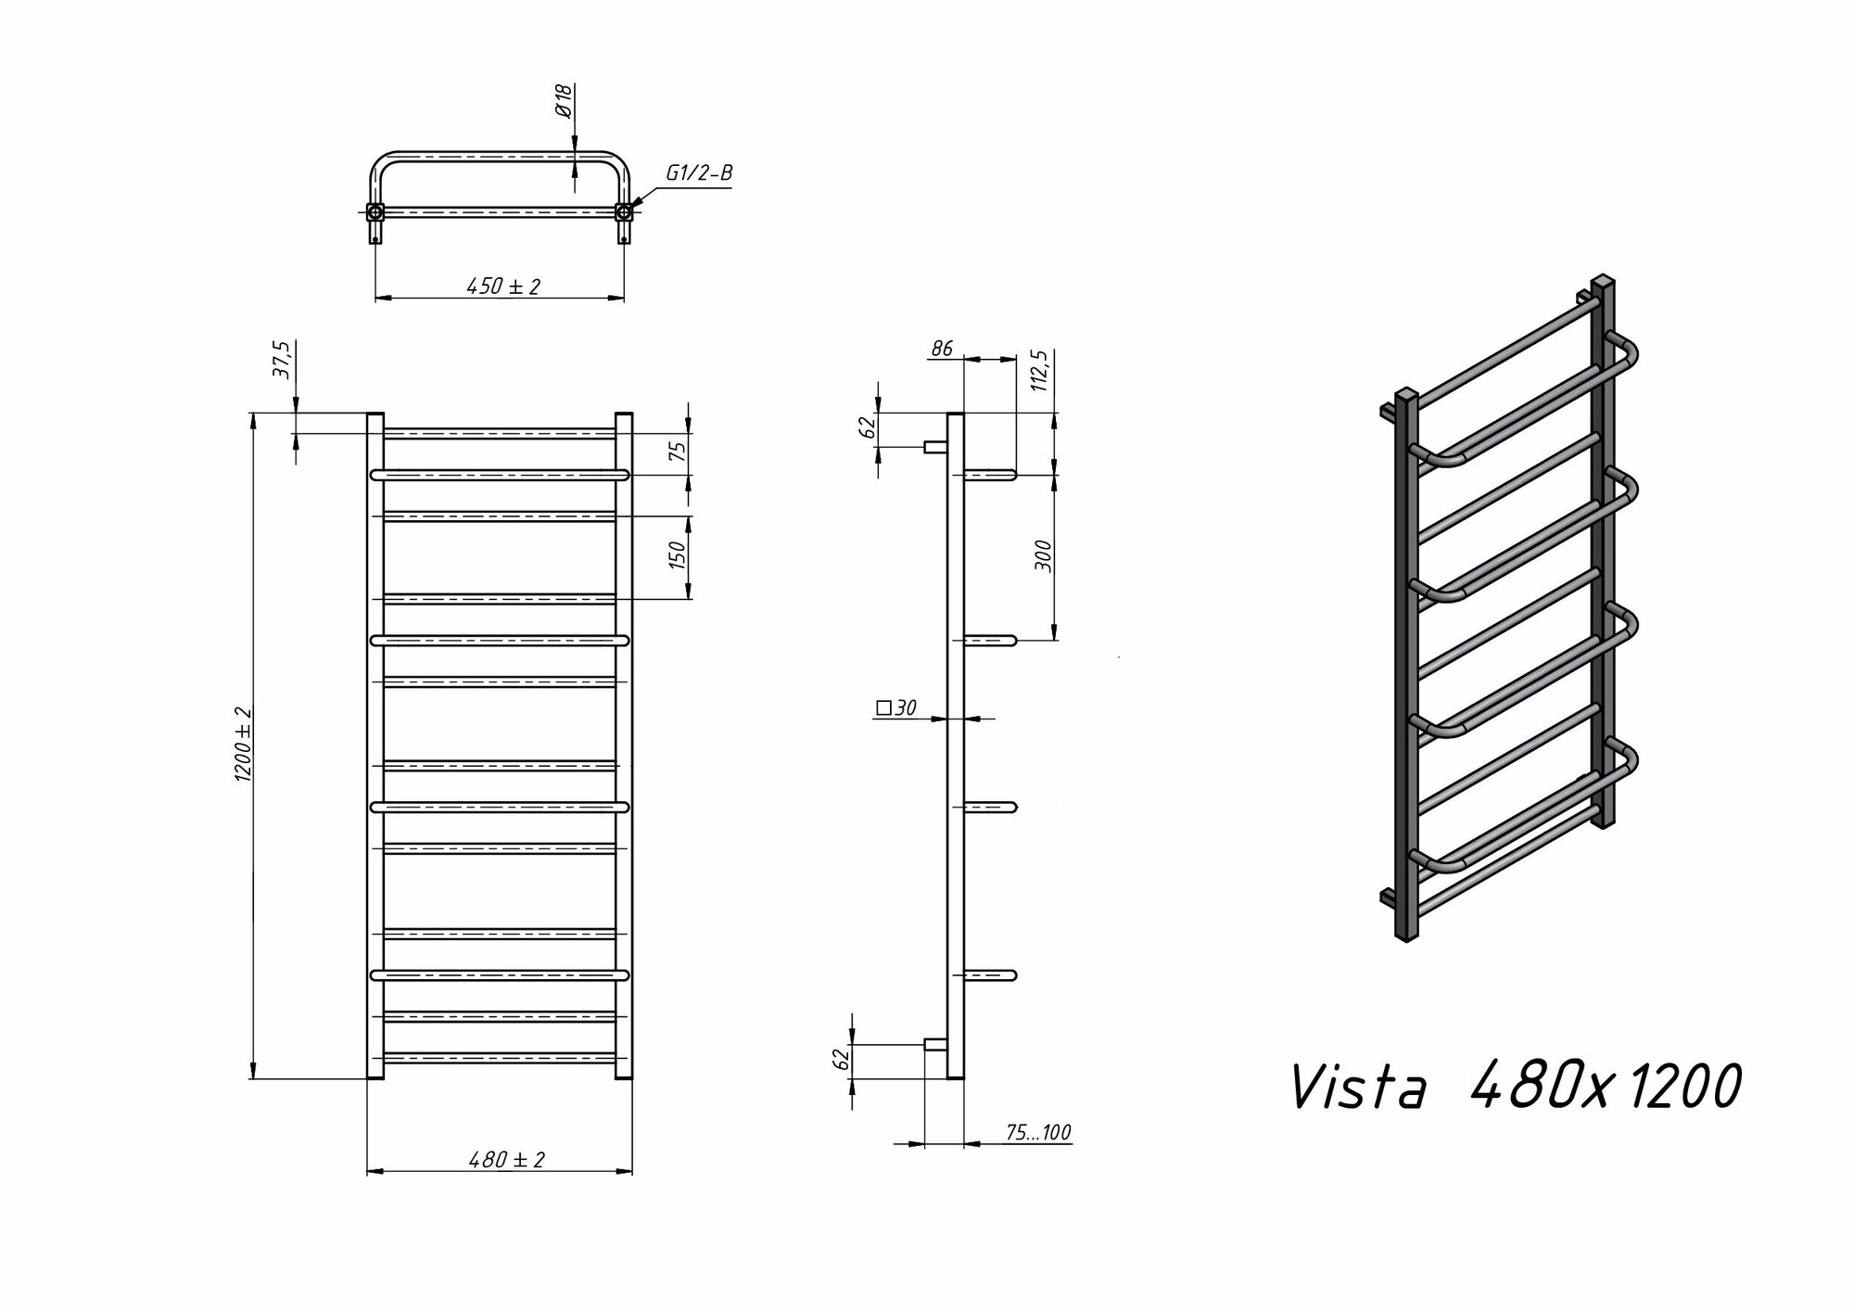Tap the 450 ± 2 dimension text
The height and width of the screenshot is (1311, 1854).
pyautogui.click(x=502, y=286)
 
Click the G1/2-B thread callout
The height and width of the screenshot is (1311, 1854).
pyautogui.click(x=698, y=173)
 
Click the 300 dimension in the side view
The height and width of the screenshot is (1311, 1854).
pyautogui.click(x=1044, y=555)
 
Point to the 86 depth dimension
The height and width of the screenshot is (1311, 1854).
pyautogui.click(x=941, y=349)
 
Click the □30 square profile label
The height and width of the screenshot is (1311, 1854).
pyautogui.click(x=895, y=708)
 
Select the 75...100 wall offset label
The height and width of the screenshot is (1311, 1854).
pyautogui.click(x=1038, y=1132)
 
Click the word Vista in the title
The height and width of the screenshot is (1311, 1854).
pyautogui.click(x=1357, y=1088)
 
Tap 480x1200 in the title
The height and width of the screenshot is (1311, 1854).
pyautogui.click(x=1605, y=1086)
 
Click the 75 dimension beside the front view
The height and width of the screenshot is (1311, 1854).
pyautogui.click(x=678, y=452)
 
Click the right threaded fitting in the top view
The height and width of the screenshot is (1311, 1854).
pyautogui.click(x=625, y=212)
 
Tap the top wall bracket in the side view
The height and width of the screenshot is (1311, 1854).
pyautogui.click(x=934, y=447)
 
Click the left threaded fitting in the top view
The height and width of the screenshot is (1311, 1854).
pyautogui.click(x=375, y=212)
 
